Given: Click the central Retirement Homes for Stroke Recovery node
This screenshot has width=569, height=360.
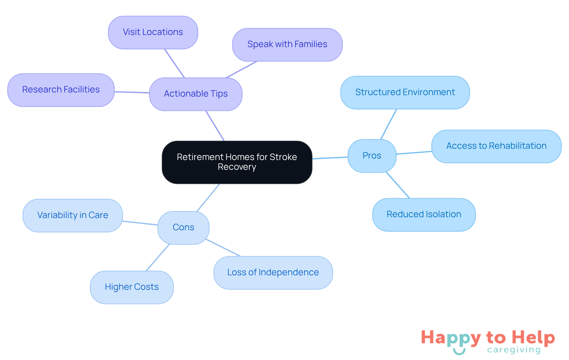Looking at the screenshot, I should tap(237, 162).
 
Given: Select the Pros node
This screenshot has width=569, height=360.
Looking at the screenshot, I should tap(372, 156).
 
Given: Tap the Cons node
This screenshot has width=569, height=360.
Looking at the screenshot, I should tap(183, 227).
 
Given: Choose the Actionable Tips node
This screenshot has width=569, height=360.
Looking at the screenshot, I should tap(196, 94).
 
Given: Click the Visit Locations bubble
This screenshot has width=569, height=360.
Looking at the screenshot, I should tap(153, 32).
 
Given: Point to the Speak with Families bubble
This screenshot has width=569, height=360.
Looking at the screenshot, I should tap(287, 44).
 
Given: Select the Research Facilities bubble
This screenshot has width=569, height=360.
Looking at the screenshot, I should tap(61, 90).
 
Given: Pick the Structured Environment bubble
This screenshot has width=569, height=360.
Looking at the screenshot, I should tap(405, 92).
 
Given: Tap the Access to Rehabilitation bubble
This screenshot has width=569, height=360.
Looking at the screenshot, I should tap(496, 146).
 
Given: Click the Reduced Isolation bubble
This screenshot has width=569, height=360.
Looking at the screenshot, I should tap(424, 215).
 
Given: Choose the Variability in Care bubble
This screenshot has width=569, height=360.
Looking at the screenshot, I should tap(73, 215).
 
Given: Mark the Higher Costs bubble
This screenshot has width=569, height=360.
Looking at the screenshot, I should tap(132, 287).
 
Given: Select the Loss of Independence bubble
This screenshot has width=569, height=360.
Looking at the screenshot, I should tap(273, 273).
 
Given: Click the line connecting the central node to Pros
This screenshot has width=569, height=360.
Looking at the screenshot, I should tap(330, 158).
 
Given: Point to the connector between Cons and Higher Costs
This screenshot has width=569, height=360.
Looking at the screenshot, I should tap(158, 257).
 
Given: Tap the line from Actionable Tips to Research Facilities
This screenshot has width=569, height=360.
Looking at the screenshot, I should tap(132, 92).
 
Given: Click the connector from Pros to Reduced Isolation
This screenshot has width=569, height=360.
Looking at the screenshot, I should tap(398, 185).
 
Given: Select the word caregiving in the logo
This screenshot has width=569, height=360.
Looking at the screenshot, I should tap(514, 350).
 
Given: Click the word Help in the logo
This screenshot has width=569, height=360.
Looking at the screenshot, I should tap(533, 337).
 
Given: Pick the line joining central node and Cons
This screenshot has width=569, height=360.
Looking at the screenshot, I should tap(208, 198).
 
